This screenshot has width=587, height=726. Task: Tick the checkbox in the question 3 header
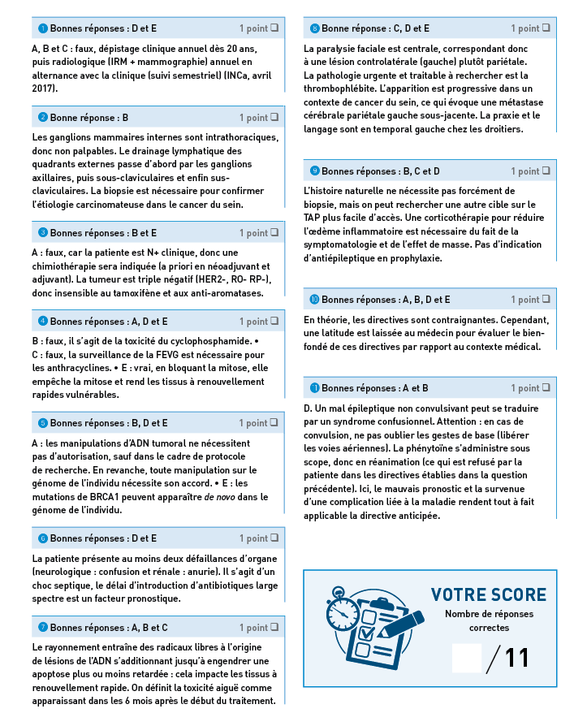click(274, 232)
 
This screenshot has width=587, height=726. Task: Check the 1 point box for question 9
click(546, 171)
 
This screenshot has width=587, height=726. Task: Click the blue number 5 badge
click(43, 423)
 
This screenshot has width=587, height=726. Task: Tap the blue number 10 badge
click(314, 300)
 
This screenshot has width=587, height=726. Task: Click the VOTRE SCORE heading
click(488, 595)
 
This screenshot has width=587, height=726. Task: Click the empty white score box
click(467, 657)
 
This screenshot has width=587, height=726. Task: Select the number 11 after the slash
click(517, 658)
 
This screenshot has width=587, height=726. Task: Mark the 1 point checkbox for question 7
click(274, 627)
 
